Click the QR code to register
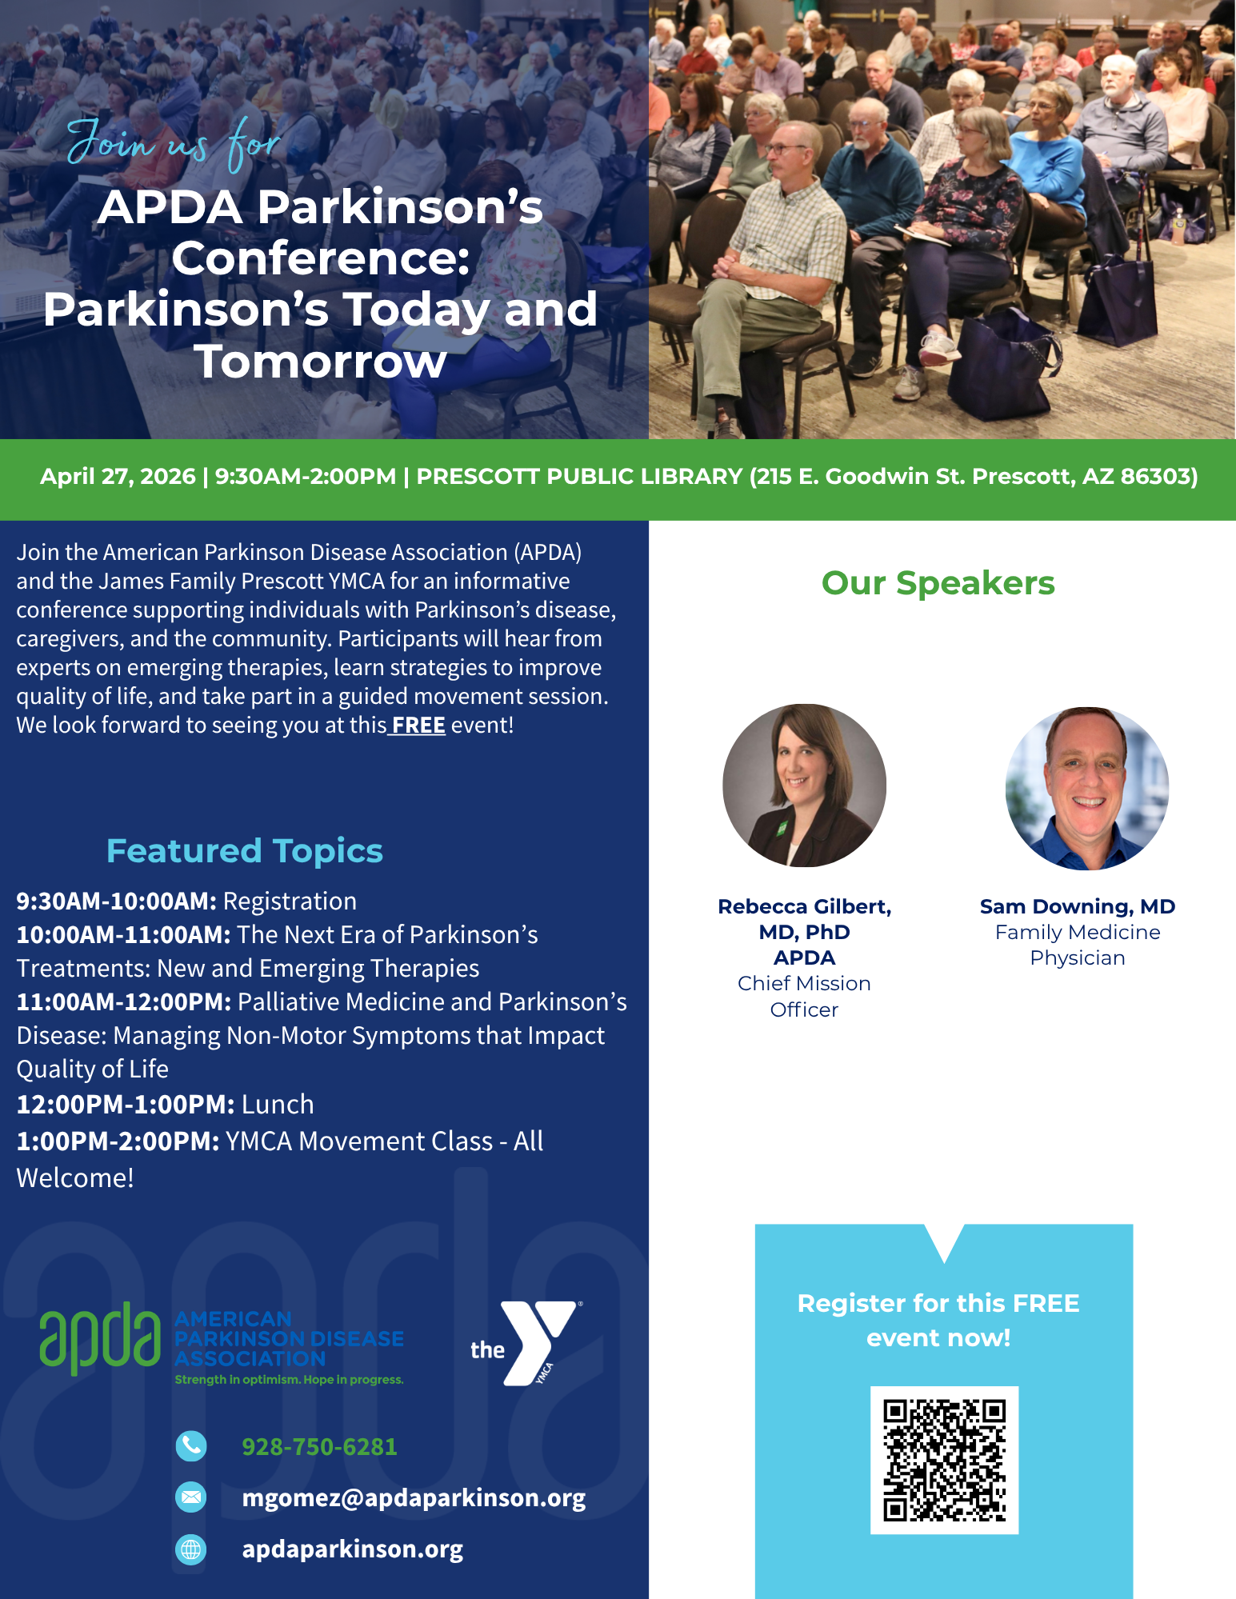pyautogui.click(x=944, y=1460)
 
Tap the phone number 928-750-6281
pyautogui.click(x=319, y=1447)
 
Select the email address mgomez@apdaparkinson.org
pyautogui.click(x=414, y=1497)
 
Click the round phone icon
pyautogui.click(x=191, y=1445)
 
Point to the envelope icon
pyautogui.click(x=191, y=1497)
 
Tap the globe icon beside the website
pyautogui.click(x=191, y=1549)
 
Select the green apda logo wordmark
pyautogui.click(x=100, y=1338)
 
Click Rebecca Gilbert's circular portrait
pyautogui.click(x=804, y=786)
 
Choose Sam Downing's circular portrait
pyautogui.click(x=1087, y=789)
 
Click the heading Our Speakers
pyautogui.click(x=938, y=583)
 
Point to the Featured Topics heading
pyautogui.click(x=245, y=851)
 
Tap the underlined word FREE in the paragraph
pyautogui.click(x=418, y=725)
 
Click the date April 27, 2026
pyautogui.click(x=118, y=477)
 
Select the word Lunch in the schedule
pyautogui.click(x=278, y=1105)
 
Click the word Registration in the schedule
pyautogui.click(x=290, y=901)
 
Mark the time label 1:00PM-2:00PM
pyautogui.click(x=118, y=1141)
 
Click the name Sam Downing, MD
pyautogui.click(x=1078, y=906)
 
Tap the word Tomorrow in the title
pyautogui.click(x=320, y=361)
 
